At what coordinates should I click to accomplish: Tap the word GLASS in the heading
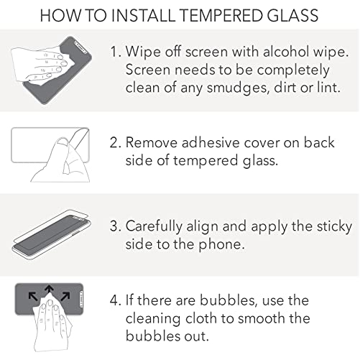(x=292, y=15)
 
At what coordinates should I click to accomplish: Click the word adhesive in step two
(x=211, y=142)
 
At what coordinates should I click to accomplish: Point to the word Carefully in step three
(x=154, y=226)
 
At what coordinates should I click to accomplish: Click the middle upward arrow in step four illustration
(x=50, y=290)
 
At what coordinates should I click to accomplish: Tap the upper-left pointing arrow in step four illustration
(x=33, y=296)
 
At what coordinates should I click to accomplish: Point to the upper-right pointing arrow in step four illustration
(x=65, y=296)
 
